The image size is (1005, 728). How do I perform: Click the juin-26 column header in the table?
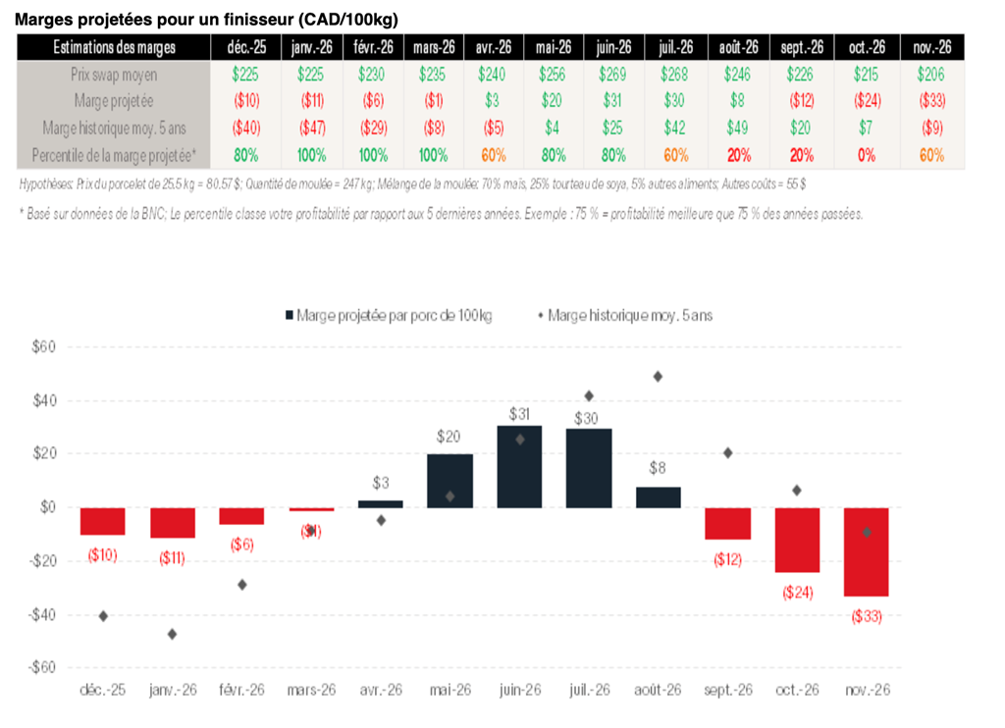pos(613,47)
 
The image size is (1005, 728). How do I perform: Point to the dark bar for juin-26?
pos(519,466)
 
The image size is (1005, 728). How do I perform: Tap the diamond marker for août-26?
pos(658,377)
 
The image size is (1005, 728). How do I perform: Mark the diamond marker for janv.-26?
pos(173,634)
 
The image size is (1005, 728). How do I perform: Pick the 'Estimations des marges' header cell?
pos(115,47)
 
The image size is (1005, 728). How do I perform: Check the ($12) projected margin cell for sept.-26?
pos(802,100)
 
